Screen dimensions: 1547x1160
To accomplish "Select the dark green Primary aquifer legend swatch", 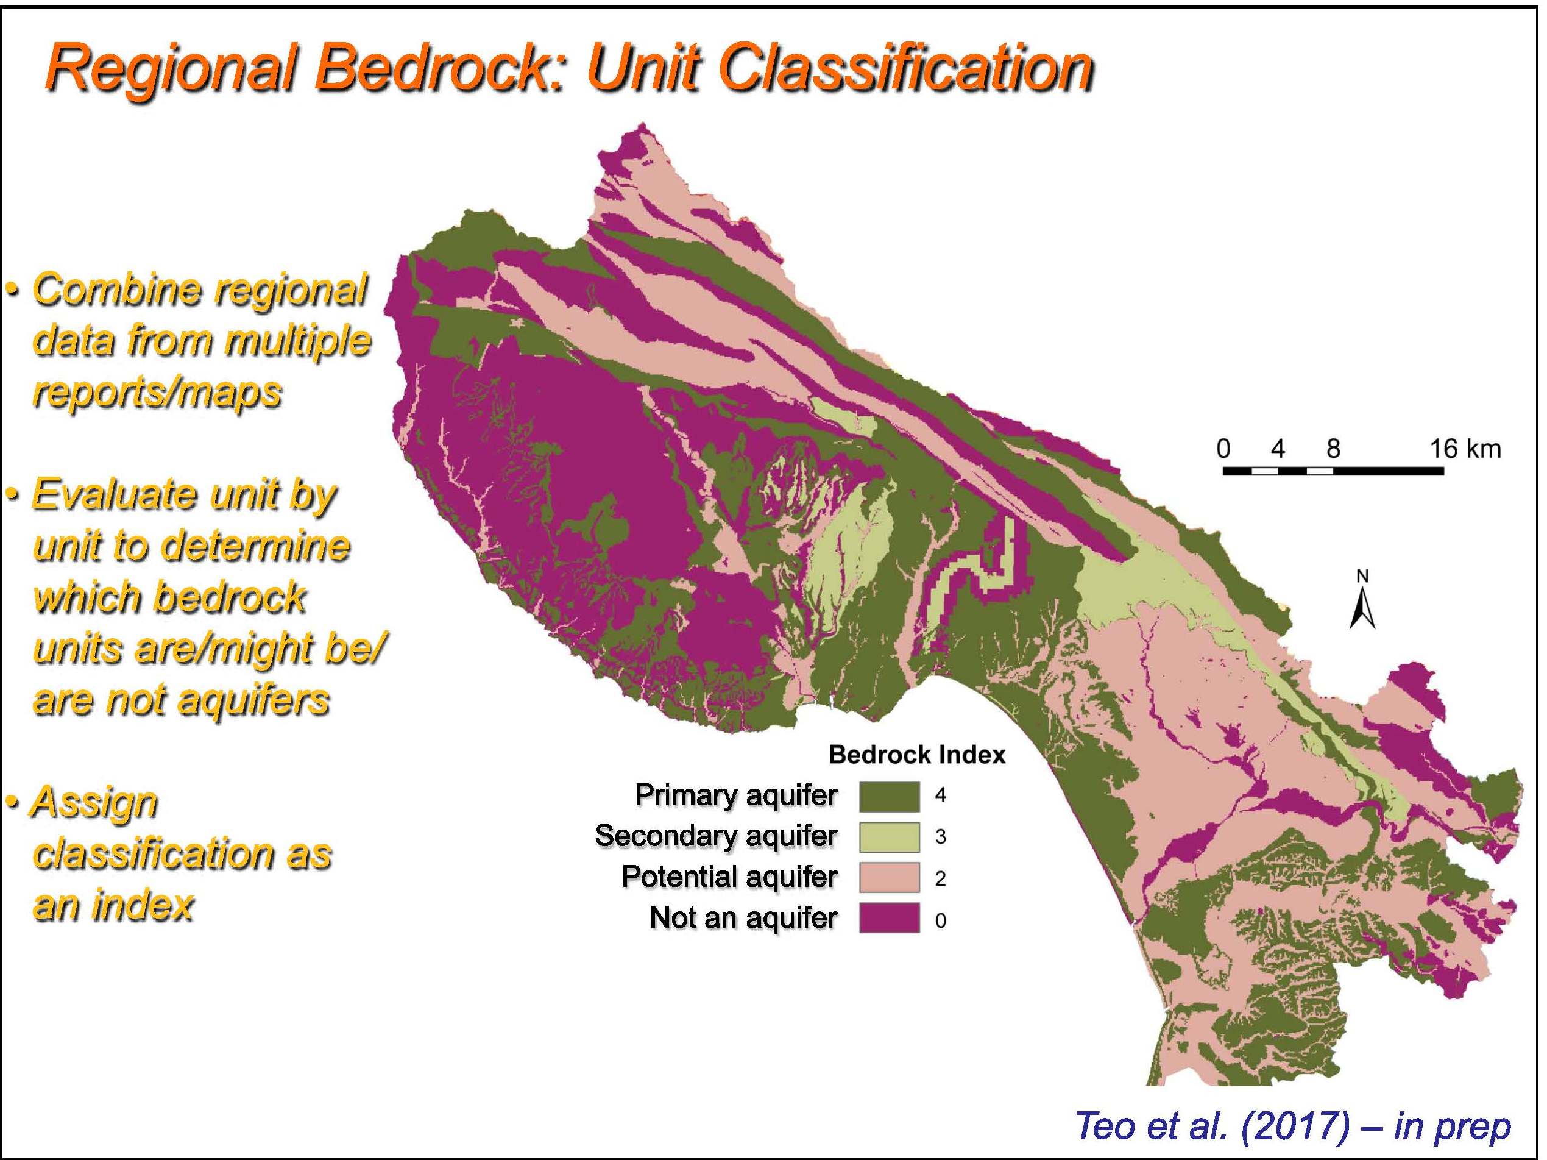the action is pos(889,796).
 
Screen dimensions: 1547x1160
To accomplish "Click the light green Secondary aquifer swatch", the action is pos(889,837).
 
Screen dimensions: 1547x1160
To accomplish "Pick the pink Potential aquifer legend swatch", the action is pos(889,877).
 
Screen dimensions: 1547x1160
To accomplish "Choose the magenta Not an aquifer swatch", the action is pos(889,918).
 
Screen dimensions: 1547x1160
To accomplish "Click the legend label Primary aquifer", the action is pos(736,795).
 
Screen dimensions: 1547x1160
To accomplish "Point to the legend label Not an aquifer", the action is pos(743,918).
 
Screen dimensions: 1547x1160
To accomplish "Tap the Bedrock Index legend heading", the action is pos(917,755).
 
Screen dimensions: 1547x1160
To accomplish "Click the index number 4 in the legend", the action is pos(941,796).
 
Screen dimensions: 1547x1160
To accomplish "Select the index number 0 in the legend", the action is pos(941,920).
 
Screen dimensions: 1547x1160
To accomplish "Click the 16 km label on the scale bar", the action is pos(1465,449).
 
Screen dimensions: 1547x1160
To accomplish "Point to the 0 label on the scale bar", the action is pos(1223,449).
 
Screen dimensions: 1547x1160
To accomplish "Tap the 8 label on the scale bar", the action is pos(1333,449).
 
